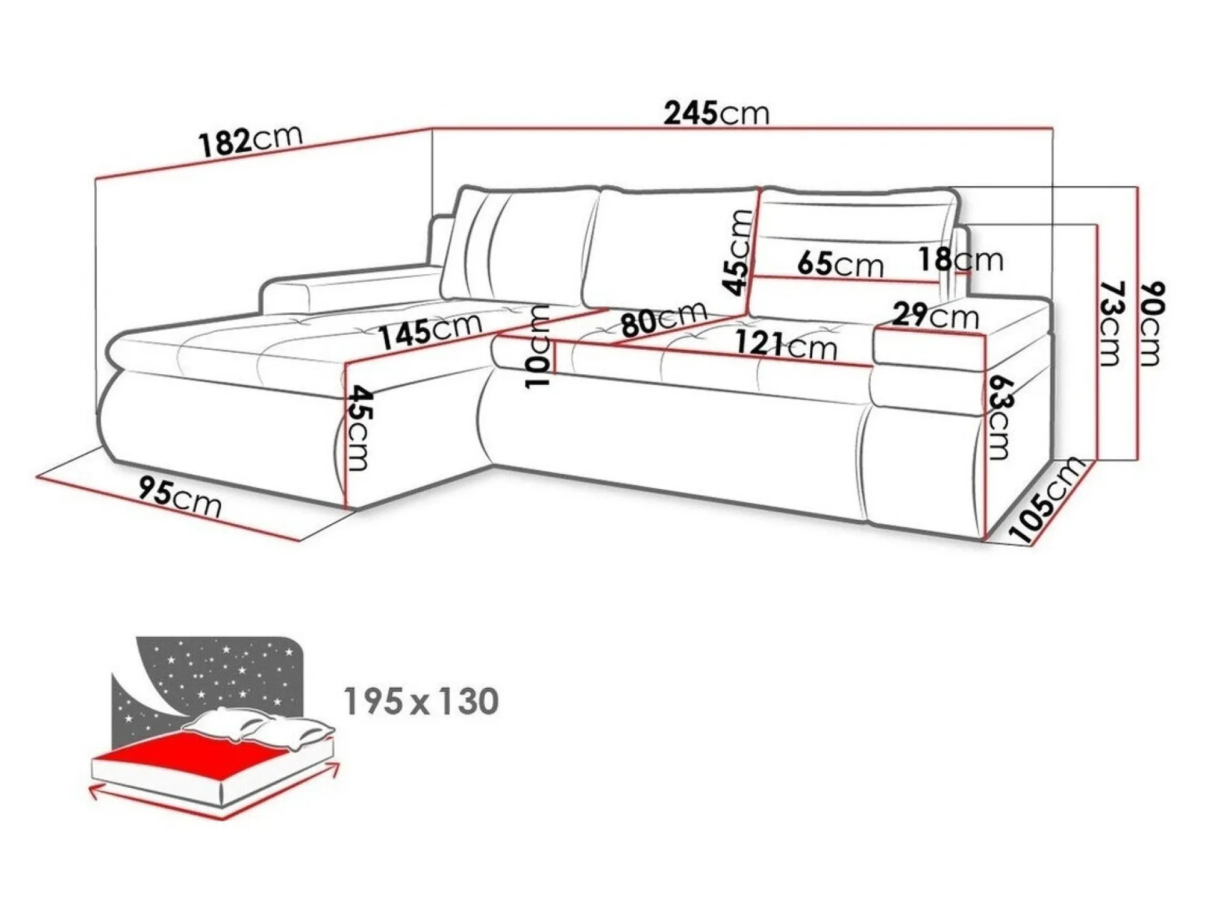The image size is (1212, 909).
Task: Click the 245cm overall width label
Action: click(x=716, y=113)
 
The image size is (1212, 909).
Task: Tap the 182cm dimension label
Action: click(x=251, y=140)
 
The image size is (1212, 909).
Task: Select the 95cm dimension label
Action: click(x=180, y=497)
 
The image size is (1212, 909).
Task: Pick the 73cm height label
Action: click(x=1111, y=323)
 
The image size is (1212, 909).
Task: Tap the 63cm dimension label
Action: click(x=998, y=417)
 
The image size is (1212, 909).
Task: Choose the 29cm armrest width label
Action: click(x=935, y=316)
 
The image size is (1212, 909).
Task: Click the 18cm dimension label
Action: click(x=961, y=259)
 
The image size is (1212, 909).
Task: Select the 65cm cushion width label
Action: click(x=840, y=264)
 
